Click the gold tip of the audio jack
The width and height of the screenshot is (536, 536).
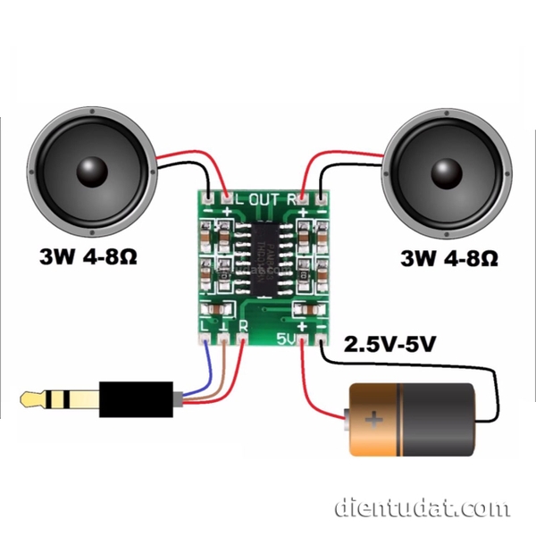click(x=36, y=397)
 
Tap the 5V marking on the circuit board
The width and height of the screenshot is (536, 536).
click(x=287, y=339)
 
